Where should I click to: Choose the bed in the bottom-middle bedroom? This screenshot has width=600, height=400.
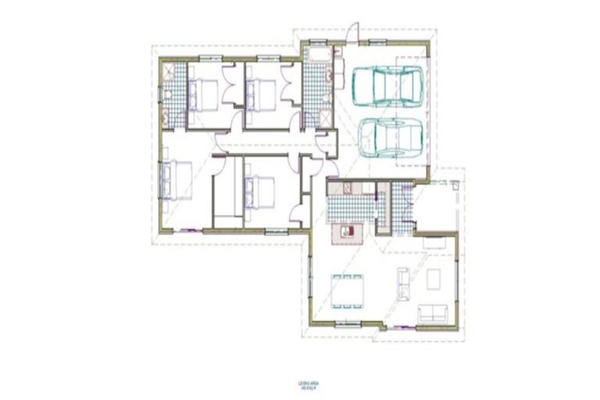click(x=259, y=190)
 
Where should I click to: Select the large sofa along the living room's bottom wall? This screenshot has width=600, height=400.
click(x=430, y=314)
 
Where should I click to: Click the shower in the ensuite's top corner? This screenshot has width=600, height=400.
click(x=170, y=73)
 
